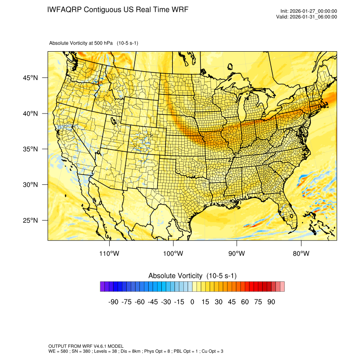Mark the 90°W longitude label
[x=237, y=254]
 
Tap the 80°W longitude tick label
[x=301, y=254]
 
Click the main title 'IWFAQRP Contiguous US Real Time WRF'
[x=118, y=9]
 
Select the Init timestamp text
[x=309, y=11]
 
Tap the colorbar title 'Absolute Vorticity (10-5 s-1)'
[x=192, y=276]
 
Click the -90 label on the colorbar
[x=113, y=302]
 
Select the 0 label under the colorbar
[x=192, y=302]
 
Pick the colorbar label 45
[x=232, y=302]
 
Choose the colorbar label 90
[x=271, y=302]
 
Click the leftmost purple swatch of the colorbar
[x=102, y=287]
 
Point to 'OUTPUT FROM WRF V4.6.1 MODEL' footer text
[x=86, y=346]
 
